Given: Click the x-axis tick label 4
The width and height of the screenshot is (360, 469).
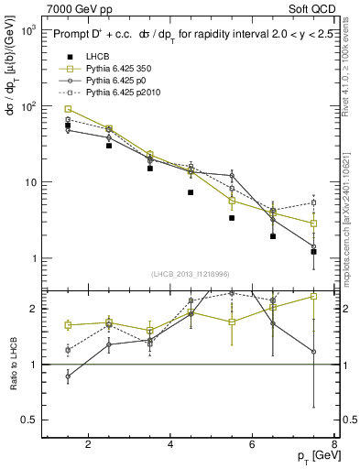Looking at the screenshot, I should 171,446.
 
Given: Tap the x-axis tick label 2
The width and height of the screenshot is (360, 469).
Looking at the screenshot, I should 88,446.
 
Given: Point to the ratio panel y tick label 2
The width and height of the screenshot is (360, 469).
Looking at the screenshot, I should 33,309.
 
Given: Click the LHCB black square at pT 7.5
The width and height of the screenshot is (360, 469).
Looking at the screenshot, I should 313,251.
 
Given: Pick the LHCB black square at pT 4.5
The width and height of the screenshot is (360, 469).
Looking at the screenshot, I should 191,192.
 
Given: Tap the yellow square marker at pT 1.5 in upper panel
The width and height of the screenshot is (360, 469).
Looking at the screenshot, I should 68,109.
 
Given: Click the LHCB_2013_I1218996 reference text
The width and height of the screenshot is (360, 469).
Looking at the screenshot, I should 190,274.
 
